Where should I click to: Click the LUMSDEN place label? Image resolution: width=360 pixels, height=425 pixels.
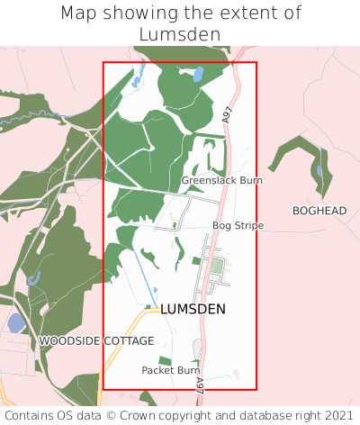click(193, 309)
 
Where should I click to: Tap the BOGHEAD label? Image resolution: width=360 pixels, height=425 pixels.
click(319, 211)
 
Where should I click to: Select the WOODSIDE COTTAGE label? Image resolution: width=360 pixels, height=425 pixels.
click(96, 341)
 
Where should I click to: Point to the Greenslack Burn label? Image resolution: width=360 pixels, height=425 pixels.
click(221, 181)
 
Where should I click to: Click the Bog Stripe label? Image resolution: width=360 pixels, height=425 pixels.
click(238, 225)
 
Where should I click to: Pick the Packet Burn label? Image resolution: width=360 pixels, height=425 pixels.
click(170, 370)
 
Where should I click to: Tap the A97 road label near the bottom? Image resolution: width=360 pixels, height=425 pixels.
click(199, 384)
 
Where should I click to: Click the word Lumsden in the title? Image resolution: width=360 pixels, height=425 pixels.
click(180, 34)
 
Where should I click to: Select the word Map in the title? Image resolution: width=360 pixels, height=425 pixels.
click(79, 14)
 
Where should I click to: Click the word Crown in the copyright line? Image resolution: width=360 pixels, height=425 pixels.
click(139, 415)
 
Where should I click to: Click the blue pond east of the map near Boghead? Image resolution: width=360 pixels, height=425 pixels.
click(319, 171)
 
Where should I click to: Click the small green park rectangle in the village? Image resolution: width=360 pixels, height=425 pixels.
click(216, 267)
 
